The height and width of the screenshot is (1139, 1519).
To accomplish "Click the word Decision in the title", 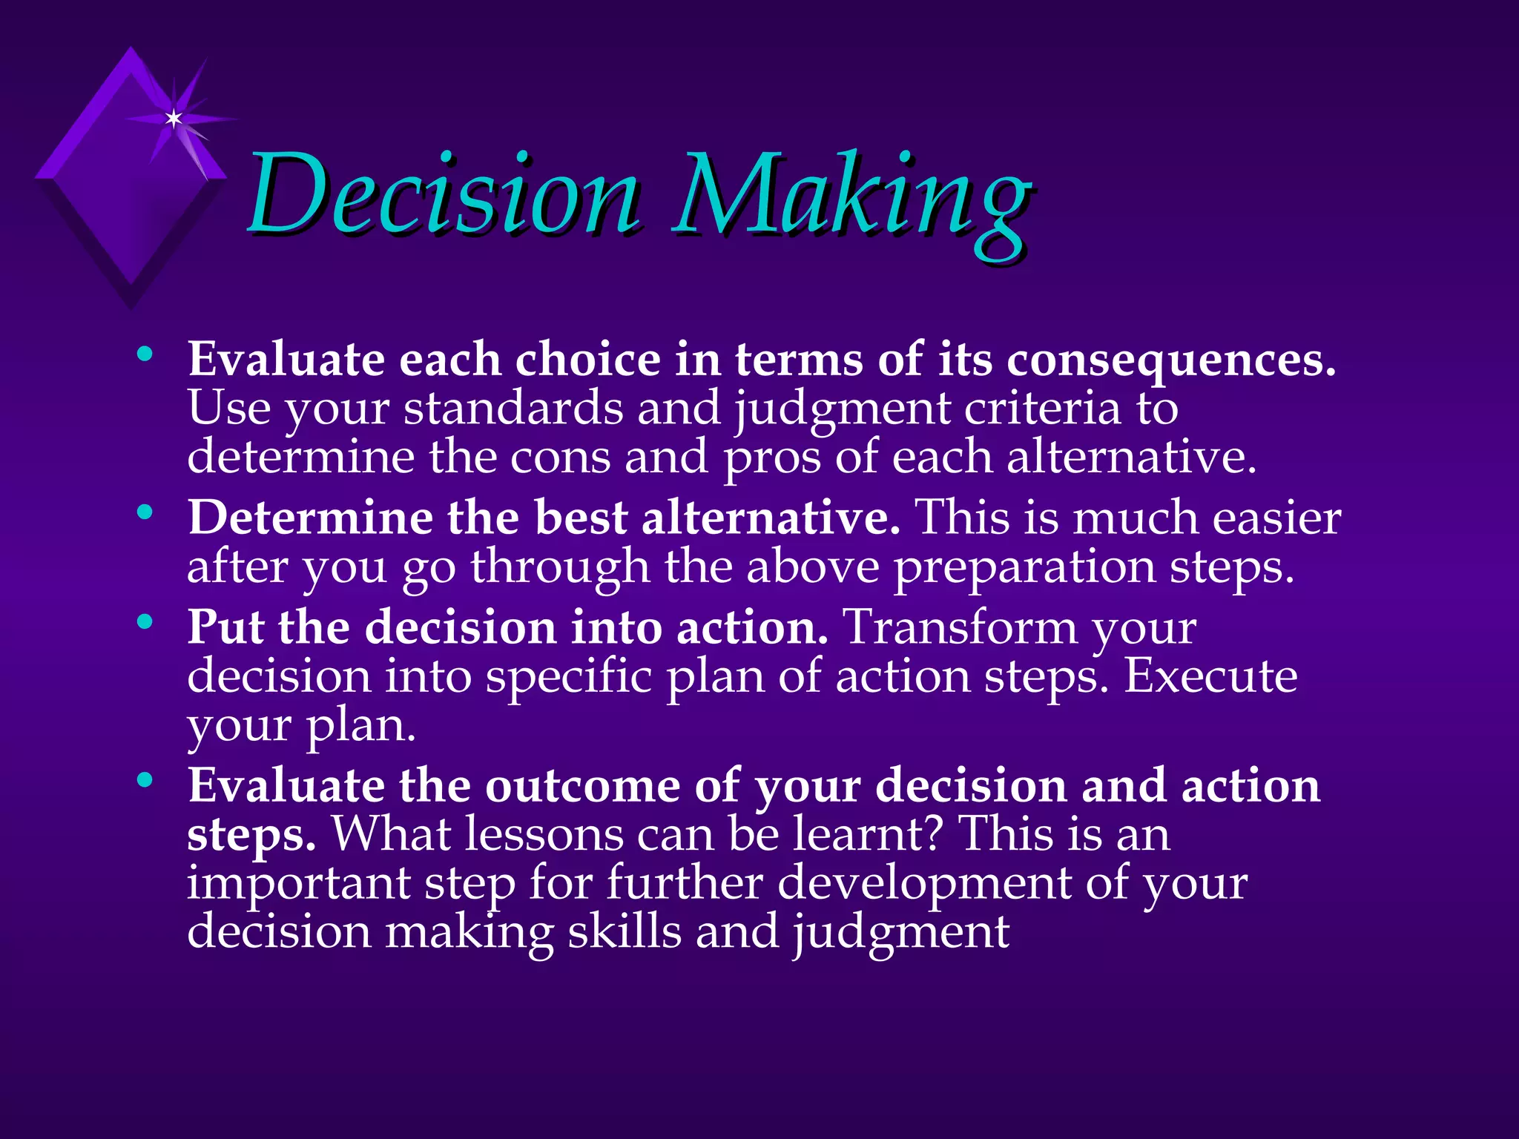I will (443, 194).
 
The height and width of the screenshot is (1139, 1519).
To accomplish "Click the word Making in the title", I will (851, 199).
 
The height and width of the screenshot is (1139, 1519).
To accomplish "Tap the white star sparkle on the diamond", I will (174, 119).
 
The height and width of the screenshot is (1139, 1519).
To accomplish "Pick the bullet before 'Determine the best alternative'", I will (145, 512).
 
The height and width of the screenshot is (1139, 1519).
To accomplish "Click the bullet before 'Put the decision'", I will (145, 621).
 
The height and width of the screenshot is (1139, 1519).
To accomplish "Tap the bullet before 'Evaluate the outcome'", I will (145, 779).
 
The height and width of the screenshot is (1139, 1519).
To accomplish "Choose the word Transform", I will (961, 627).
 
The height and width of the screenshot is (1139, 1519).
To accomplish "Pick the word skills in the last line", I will (624, 932).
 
